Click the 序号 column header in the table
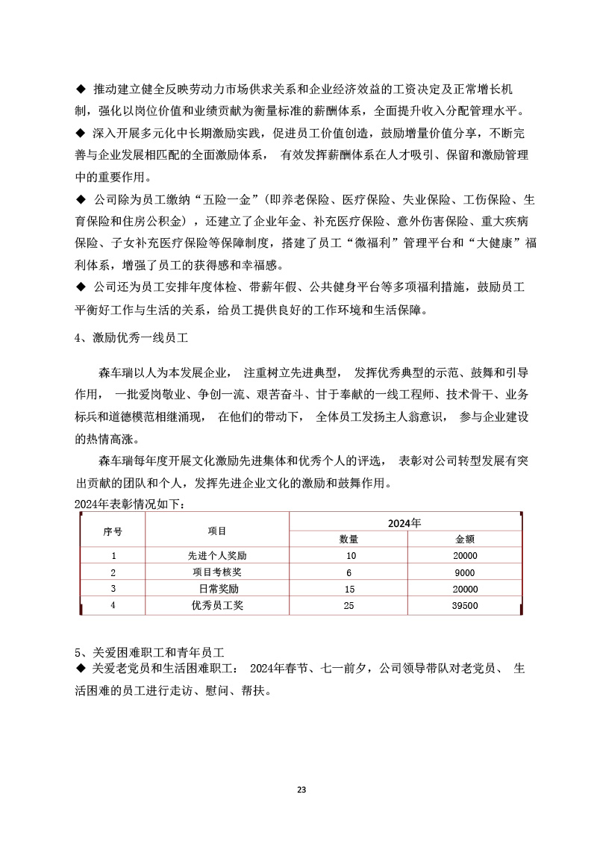point(113,531)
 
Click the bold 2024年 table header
point(404,522)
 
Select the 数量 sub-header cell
point(348,540)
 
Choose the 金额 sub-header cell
point(465,540)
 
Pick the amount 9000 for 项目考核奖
point(464,572)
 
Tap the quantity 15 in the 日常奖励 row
point(348,589)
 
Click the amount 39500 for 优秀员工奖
point(464,606)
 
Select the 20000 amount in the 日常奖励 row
point(464,589)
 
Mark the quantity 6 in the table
point(348,572)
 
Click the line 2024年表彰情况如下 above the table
point(128,504)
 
